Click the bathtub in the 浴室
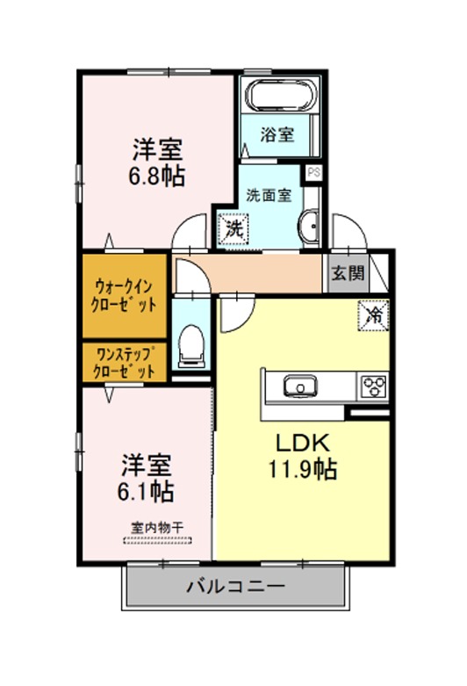point(280,95)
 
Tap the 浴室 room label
point(277,134)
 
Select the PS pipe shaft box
point(313,172)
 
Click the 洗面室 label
point(269,195)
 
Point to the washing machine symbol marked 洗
point(233,228)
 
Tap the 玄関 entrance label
point(348,273)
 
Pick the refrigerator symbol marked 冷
point(373,315)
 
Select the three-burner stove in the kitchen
point(373,386)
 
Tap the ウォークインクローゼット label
point(124,296)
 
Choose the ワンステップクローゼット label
point(125,362)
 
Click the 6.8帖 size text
point(156,177)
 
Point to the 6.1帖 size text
point(146,492)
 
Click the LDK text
point(302,443)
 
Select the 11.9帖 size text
point(302,469)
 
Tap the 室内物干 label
point(157,527)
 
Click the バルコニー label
point(235,585)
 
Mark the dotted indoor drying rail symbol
point(157,540)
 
